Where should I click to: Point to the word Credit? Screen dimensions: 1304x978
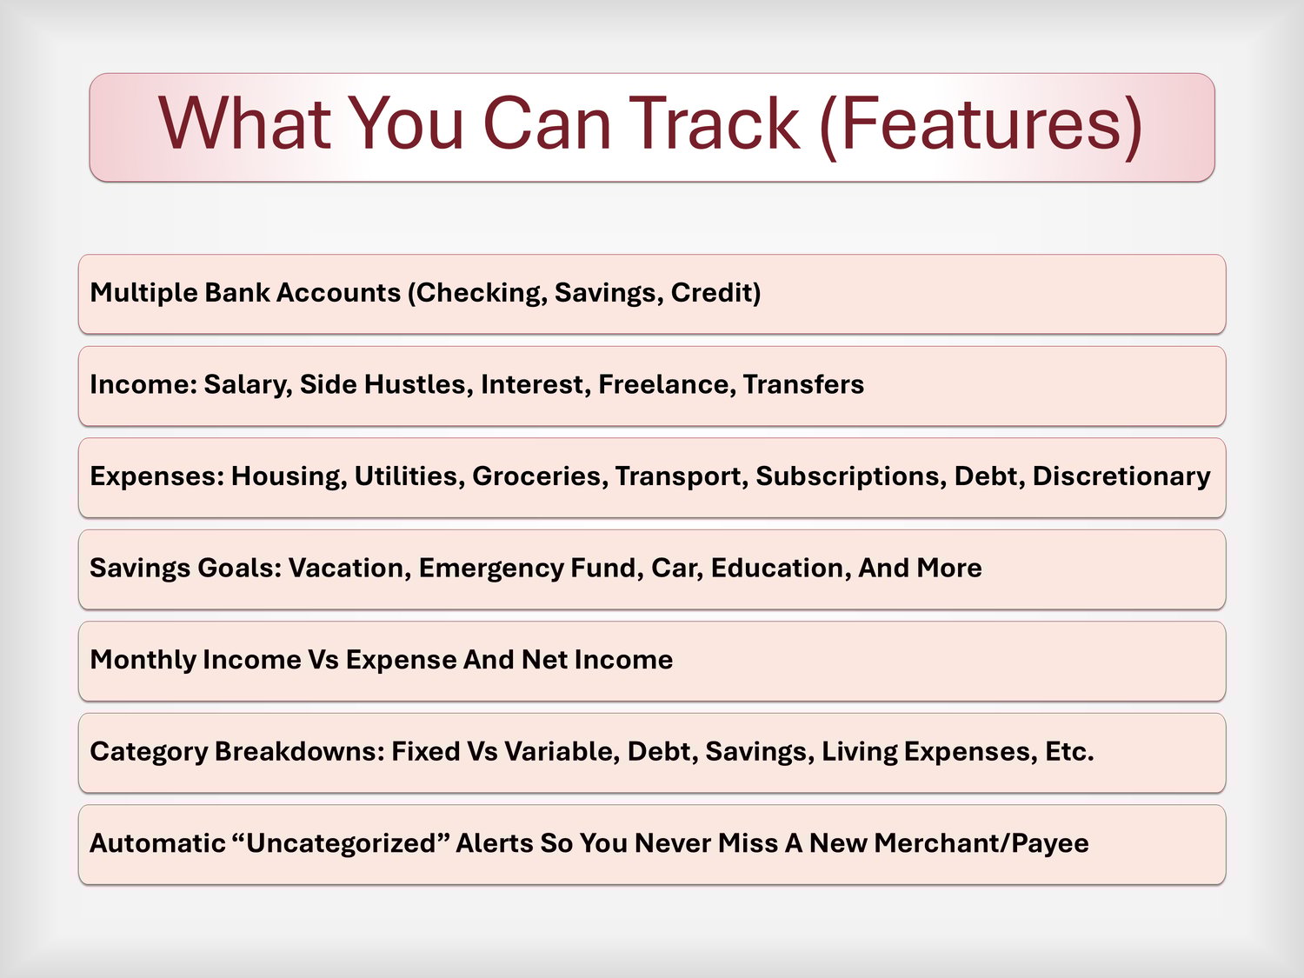pyautogui.click(x=715, y=293)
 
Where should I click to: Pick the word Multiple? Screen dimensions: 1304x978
pyautogui.click(x=144, y=293)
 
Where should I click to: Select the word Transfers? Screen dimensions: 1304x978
pyautogui.click(x=803, y=384)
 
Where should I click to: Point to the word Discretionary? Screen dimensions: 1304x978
pyautogui.click(x=1121, y=476)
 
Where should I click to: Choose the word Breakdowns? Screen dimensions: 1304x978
pyautogui.click(x=300, y=752)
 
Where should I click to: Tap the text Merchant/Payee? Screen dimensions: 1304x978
pyautogui.click(x=981, y=844)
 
